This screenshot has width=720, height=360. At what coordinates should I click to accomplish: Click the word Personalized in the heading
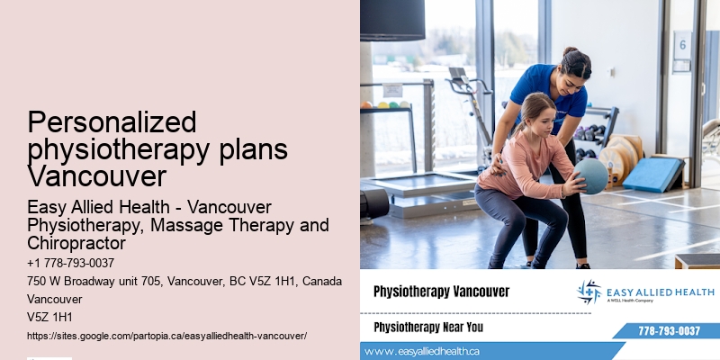click(x=99, y=122)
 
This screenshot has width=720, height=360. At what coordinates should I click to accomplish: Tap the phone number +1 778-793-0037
click(x=70, y=263)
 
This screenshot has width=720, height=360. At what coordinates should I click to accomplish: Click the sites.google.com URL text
click(x=166, y=335)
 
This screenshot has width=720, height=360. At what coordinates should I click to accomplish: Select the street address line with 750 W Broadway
click(x=184, y=281)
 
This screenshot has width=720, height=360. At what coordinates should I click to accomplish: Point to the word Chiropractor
click(x=76, y=243)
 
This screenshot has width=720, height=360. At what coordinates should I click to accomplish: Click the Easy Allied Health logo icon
click(x=589, y=292)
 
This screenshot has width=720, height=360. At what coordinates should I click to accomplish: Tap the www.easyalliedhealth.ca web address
click(x=423, y=351)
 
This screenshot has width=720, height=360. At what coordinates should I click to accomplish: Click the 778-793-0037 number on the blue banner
click(x=668, y=330)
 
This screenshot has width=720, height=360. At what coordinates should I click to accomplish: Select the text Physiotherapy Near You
click(x=427, y=327)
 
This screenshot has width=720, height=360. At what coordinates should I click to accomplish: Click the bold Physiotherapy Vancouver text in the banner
click(x=441, y=292)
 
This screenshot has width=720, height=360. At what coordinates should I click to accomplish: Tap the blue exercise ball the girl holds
click(x=590, y=175)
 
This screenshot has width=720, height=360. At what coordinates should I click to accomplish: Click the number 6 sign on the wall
click(x=682, y=43)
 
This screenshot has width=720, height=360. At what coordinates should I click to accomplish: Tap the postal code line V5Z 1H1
click(x=49, y=317)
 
